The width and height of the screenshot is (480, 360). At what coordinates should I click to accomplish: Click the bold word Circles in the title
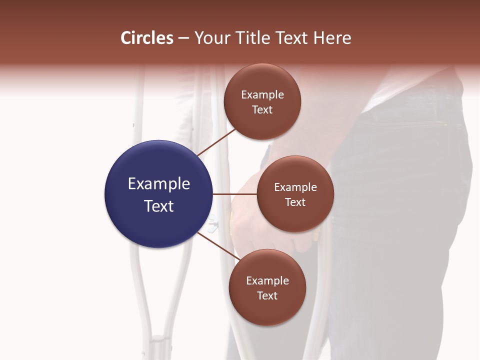click(147, 38)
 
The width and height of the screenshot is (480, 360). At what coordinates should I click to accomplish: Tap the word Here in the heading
click(332, 38)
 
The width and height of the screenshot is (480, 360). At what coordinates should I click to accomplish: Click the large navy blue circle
click(159, 194)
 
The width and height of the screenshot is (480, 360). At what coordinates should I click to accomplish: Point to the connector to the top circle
click(217, 142)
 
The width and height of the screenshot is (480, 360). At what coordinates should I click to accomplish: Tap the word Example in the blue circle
click(159, 184)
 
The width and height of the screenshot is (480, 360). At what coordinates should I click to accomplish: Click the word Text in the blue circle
click(159, 206)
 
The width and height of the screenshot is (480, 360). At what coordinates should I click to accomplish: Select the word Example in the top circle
click(262, 95)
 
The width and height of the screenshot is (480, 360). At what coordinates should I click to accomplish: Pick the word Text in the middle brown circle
click(295, 202)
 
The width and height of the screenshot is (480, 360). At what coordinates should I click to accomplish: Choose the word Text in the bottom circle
click(267, 296)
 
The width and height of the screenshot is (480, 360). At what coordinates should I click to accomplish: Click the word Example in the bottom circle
click(267, 281)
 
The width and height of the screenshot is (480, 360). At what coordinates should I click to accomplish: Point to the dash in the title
click(183, 38)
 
